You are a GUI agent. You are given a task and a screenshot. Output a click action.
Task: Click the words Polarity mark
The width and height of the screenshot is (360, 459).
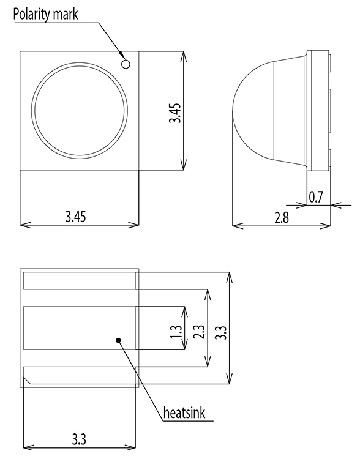coord(45,14)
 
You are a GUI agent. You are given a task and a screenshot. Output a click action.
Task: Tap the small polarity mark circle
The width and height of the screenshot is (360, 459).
coord(126,62)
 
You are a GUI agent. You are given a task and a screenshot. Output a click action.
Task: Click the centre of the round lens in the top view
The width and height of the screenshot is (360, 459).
coord(81,110)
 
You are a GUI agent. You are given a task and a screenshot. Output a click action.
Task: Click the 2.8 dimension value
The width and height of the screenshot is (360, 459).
coord(282,217)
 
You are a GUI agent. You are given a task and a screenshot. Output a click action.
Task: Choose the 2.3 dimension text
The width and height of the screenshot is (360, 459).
coord(199,331)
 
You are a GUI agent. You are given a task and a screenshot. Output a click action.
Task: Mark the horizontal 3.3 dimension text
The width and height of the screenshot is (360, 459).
coord(78,439)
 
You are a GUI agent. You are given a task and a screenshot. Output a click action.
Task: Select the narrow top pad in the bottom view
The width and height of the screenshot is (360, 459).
coord(78,282)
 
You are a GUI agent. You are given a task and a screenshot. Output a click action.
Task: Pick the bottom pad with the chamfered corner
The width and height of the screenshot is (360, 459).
coord(78,375)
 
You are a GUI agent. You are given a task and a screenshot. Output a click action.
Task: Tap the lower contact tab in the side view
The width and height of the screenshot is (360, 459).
coord(331,157)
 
